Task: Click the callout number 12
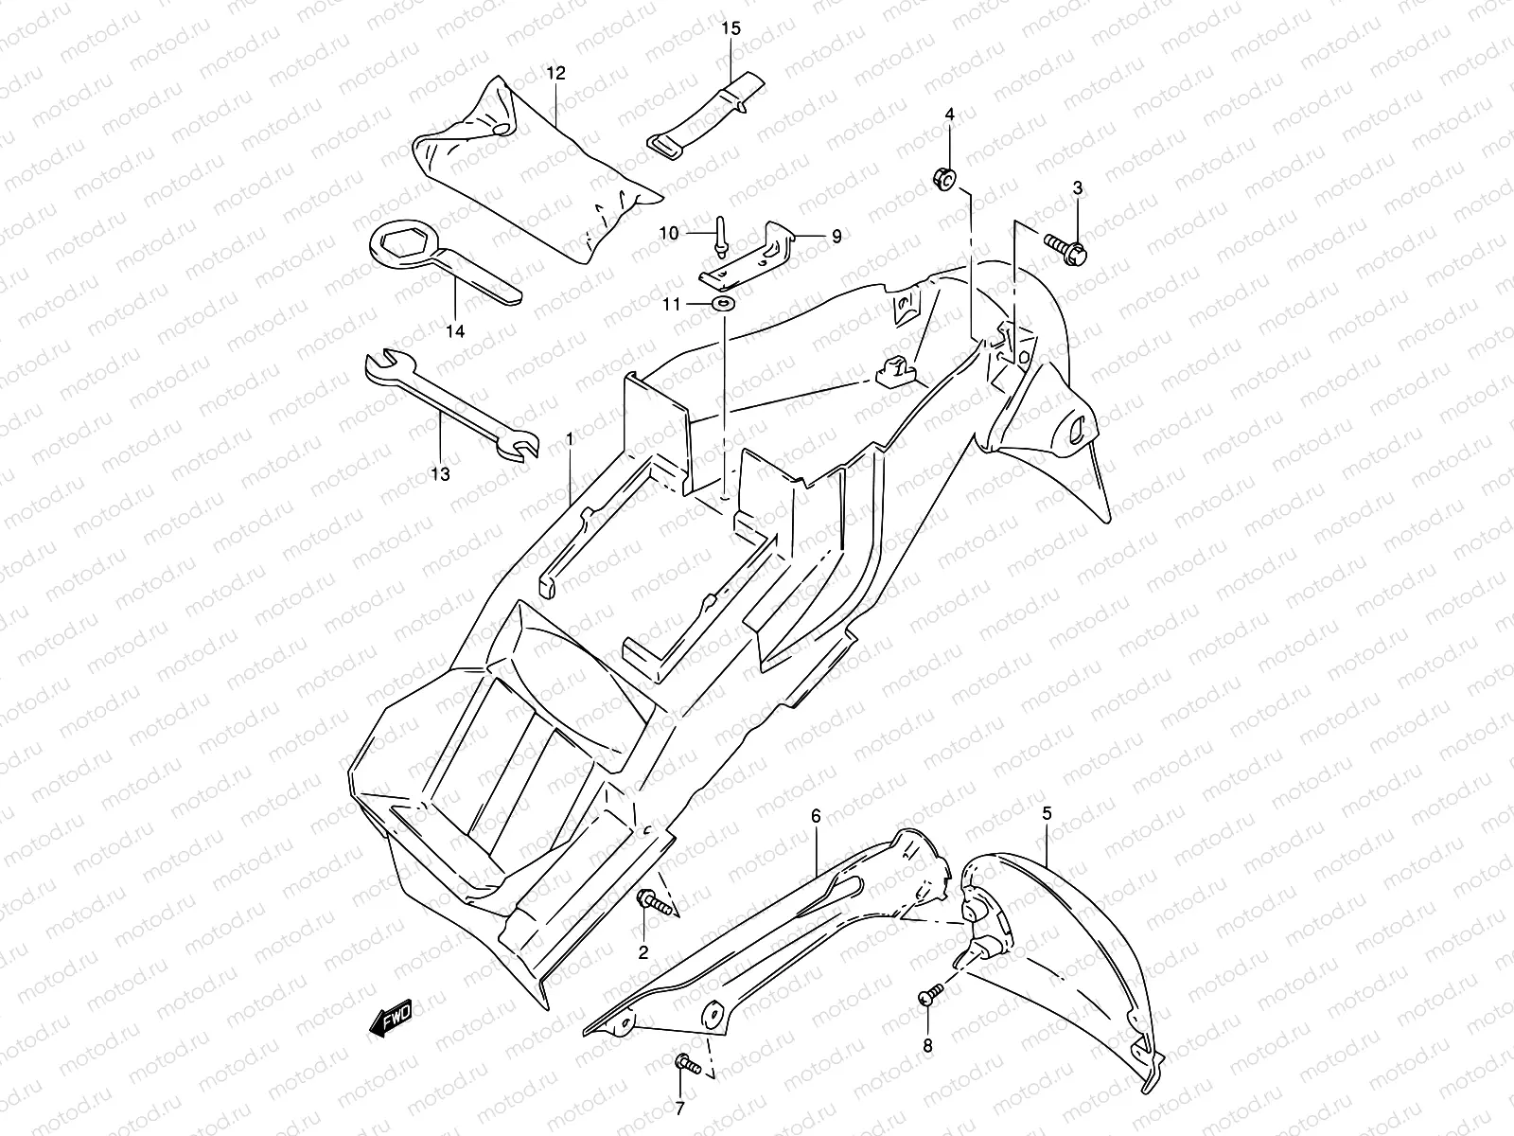(555, 73)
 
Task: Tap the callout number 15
(731, 27)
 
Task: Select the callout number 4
(949, 115)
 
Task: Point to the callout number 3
(1077, 188)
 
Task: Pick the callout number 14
(455, 331)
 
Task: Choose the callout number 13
(440, 472)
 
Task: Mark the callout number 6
(816, 815)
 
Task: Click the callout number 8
(926, 1046)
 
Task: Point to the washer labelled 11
(723, 304)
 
